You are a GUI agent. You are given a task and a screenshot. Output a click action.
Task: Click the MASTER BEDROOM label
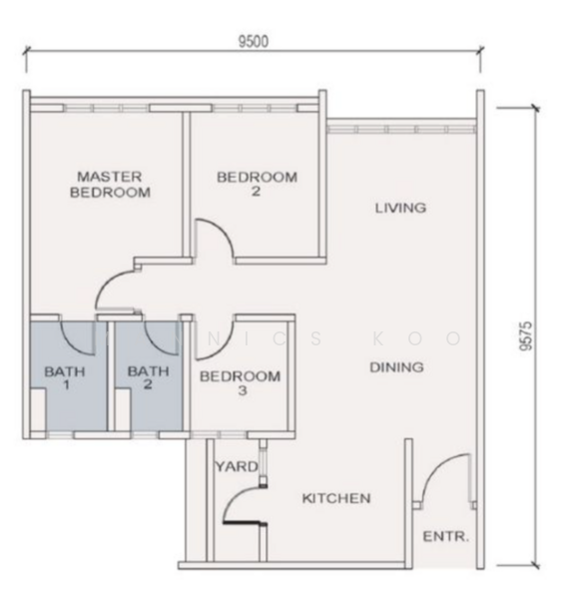pos(110,185)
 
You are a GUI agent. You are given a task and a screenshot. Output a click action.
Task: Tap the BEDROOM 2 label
pos(257,185)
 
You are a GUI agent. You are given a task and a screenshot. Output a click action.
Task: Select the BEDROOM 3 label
pos(240,383)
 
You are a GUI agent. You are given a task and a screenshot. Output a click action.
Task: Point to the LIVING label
pos(400,209)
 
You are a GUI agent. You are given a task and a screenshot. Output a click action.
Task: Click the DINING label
pos(396,367)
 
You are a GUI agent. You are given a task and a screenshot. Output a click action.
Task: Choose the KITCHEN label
pos(336,498)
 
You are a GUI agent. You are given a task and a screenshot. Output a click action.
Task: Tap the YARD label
pos(237,466)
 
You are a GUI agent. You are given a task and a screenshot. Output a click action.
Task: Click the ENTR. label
pos(445,536)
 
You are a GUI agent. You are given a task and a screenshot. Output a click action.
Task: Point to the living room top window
pos(400,127)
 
